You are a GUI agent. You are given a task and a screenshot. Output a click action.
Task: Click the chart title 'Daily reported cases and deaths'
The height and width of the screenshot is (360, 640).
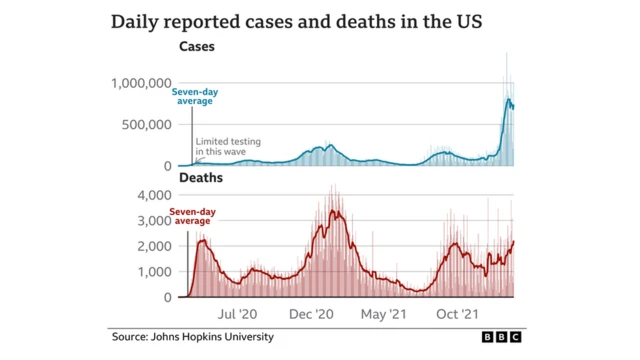tap(320, 20)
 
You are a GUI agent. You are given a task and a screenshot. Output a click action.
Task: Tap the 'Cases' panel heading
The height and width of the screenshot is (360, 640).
tap(197, 47)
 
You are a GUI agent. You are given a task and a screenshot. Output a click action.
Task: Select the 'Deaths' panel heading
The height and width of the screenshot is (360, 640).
tap(200, 178)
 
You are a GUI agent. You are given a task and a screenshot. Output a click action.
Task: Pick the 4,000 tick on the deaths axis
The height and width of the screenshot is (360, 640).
tap(155, 195)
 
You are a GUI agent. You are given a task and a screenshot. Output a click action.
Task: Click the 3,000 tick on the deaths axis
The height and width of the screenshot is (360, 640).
tap(155, 220)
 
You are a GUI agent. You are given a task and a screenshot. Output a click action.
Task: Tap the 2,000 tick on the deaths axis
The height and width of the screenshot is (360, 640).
tap(155, 246)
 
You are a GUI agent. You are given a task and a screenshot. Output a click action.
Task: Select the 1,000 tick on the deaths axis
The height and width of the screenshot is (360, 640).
tap(155, 272)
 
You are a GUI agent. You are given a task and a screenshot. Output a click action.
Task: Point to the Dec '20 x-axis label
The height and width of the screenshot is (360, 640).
tap(311, 314)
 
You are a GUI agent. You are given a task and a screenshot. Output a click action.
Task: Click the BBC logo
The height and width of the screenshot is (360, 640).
tap(502, 338)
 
